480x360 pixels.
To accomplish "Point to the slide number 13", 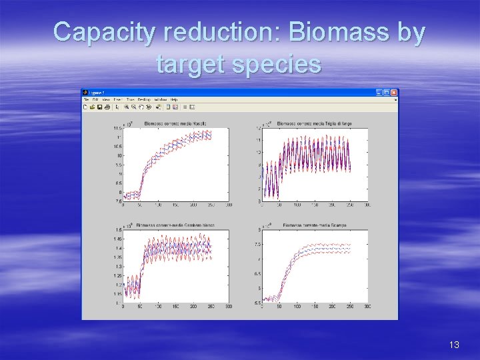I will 454,345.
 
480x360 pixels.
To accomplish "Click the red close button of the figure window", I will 394,93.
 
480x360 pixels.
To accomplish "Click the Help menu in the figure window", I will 174,99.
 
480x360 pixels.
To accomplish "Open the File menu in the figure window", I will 86,99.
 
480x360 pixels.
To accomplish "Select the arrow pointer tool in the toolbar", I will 117,106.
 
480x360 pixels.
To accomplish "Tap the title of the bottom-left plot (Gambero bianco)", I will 175,225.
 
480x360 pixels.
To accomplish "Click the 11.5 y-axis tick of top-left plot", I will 117,128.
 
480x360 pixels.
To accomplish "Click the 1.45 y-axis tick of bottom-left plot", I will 117,239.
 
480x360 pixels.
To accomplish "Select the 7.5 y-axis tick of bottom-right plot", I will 257,245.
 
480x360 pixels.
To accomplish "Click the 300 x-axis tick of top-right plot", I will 367,205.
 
